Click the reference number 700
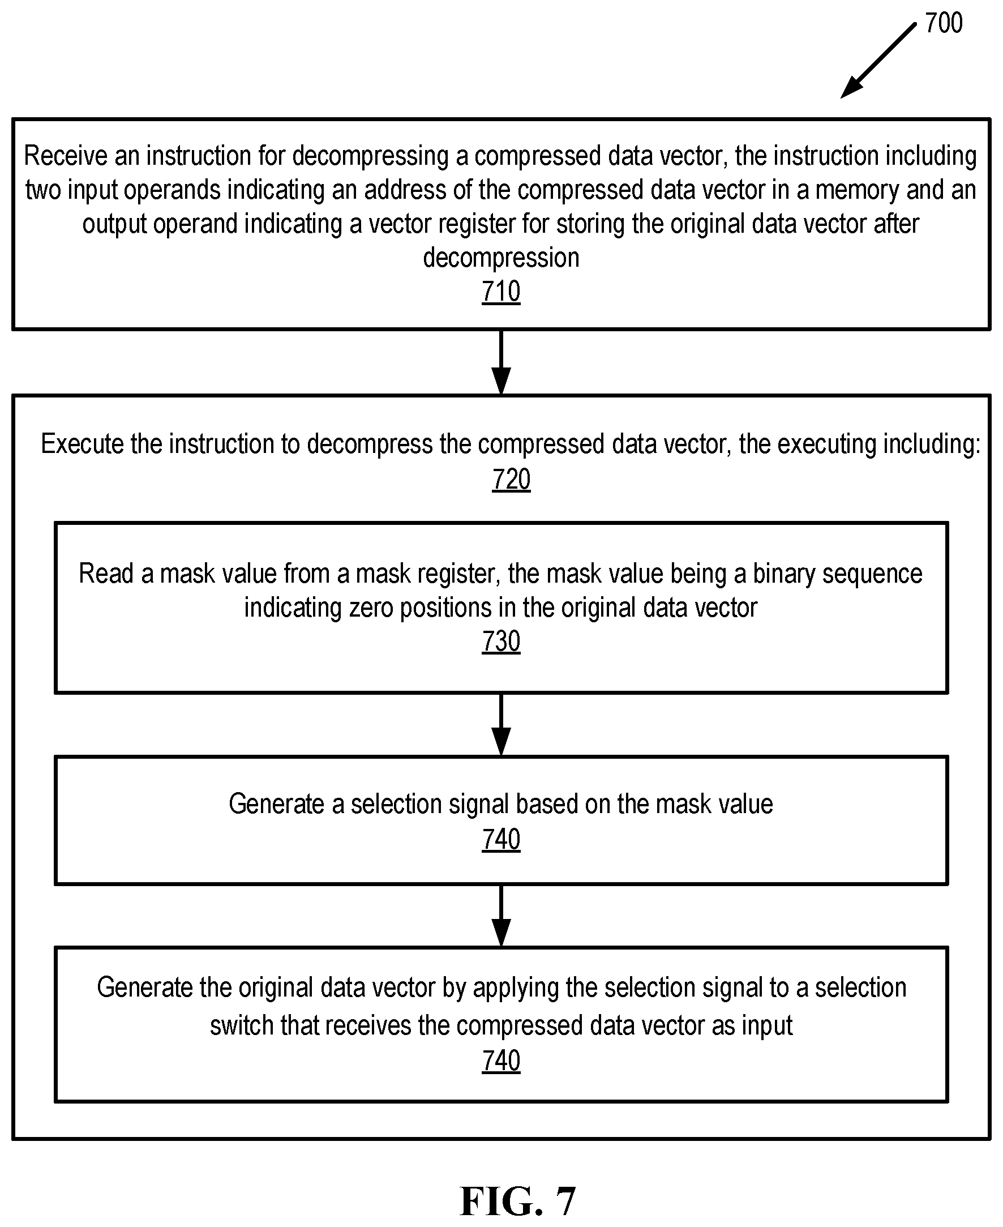944,23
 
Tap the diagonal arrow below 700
878,60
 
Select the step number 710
501,291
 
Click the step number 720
511,479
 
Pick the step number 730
501,642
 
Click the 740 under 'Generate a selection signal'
501,839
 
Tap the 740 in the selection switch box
501,1061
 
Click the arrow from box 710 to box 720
501,362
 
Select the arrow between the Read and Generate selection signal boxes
501,724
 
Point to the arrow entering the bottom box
501,916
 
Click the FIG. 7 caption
518,1200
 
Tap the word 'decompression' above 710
501,258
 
